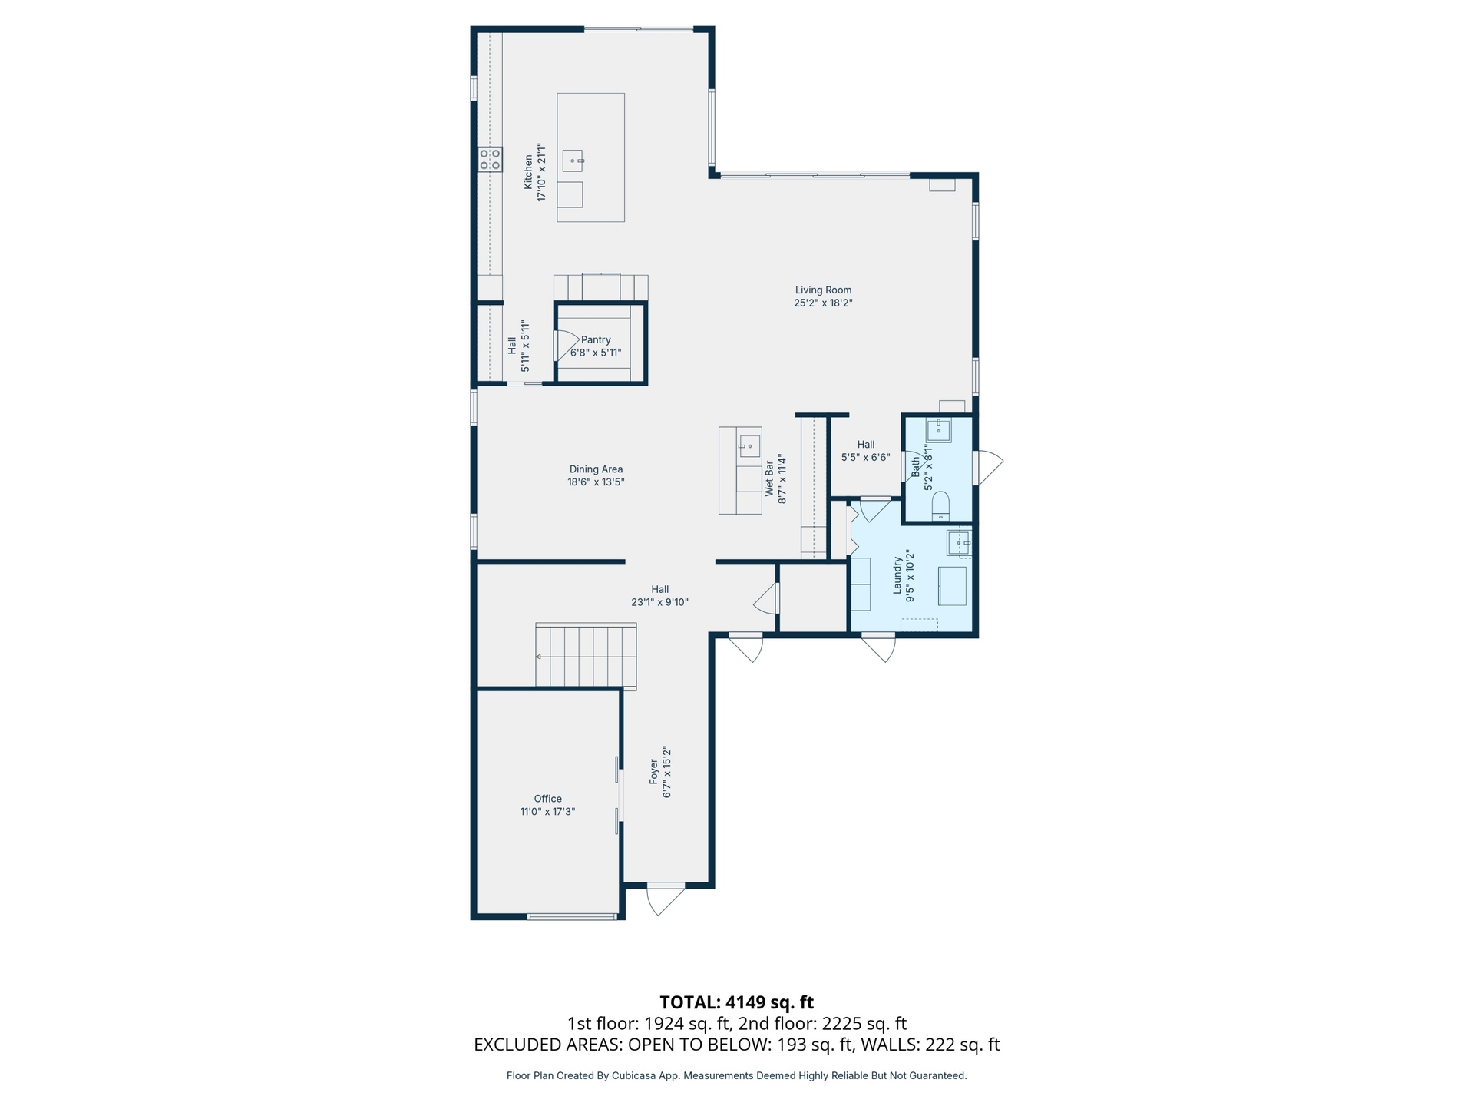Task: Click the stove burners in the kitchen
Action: point(490,160)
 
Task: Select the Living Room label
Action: point(823,290)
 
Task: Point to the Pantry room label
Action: point(596,339)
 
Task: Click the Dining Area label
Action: point(596,469)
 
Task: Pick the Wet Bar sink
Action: point(749,446)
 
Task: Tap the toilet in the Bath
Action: point(940,507)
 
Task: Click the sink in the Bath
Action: point(939,431)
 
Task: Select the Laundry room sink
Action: point(958,543)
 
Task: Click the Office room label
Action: point(548,799)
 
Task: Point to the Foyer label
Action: point(654,772)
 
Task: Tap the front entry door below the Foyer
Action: point(666,899)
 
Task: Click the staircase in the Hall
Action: point(586,655)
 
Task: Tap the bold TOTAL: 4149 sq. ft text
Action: point(737,1002)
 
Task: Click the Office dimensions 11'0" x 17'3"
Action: point(548,812)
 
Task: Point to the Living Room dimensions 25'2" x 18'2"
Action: point(823,303)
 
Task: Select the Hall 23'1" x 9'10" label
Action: point(660,596)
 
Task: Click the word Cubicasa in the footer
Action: point(633,1076)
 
